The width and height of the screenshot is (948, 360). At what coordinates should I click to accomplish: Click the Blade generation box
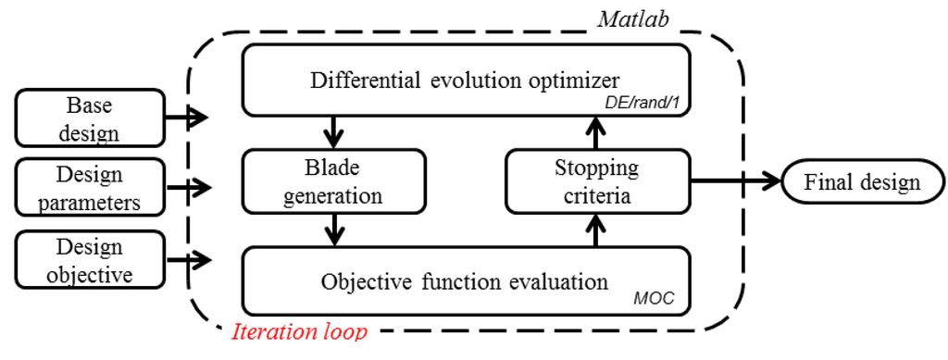click(333, 182)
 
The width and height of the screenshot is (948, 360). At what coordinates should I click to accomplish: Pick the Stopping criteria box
click(597, 182)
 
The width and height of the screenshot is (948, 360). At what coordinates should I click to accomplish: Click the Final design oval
click(862, 182)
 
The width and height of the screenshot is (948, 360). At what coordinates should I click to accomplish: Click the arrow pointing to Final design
click(736, 182)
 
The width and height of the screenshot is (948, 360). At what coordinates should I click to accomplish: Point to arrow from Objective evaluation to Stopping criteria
click(595, 230)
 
